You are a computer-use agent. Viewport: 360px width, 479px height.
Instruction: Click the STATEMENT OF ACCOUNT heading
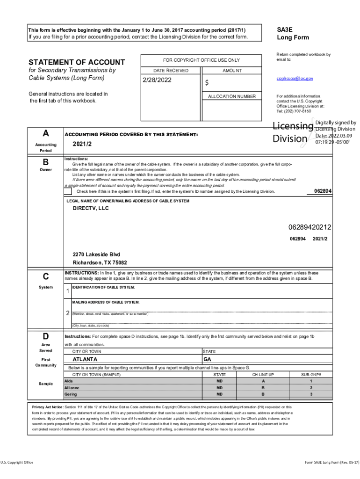[x=77, y=62]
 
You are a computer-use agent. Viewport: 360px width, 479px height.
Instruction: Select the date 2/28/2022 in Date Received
[x=158, y=80]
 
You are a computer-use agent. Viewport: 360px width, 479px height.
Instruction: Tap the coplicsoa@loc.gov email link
[x=295, y=79]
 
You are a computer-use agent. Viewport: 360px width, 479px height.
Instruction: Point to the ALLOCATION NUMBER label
[x=232, y=96]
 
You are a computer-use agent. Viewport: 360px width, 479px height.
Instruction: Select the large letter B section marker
[x=46, y=162]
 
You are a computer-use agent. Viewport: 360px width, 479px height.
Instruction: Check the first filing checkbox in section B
[x=68, y=191]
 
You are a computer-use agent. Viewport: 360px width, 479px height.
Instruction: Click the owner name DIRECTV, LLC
[x=90, y=208]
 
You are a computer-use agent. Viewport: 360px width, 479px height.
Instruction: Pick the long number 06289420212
[x=310, y=227]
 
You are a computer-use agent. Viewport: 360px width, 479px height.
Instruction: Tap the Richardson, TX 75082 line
[x=100, y=263]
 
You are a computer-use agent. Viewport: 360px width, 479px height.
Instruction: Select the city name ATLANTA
[x=85, y=359]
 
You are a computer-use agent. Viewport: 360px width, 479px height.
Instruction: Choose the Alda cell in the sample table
[x=69, y=381]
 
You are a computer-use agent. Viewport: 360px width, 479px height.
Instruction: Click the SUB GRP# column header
[x=311, y=375]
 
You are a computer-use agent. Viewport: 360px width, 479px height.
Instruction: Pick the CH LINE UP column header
[x=263, y=375]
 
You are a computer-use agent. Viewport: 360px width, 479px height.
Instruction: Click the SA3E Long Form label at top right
[x=293, y=33]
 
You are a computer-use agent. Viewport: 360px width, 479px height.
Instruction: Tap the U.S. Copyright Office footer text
[x=17, y=462]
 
